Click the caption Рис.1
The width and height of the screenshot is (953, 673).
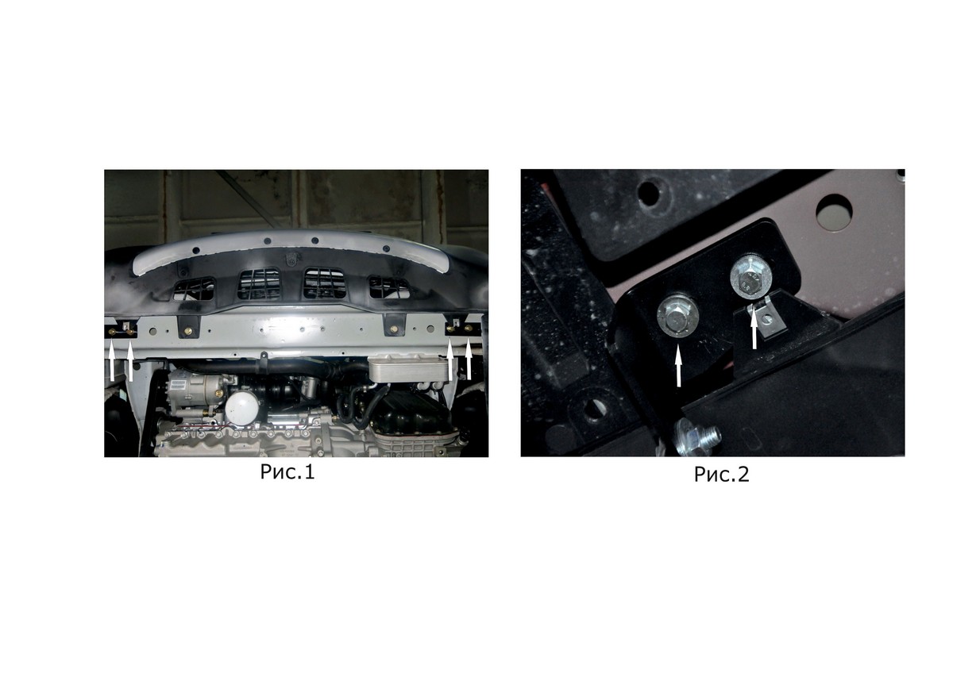click(x=287, y=472)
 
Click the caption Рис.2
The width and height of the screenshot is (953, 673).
click(x=721, y=475)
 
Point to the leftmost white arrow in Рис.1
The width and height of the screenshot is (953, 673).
click(x=112, y=362)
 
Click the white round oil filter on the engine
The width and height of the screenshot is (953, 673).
click(x=241, y=407)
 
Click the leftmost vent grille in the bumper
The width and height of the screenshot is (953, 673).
click(x=194, y=290)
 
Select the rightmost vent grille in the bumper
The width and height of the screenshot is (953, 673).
click(x=389, y=287)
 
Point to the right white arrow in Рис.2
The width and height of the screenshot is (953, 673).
click(x=754, y=329)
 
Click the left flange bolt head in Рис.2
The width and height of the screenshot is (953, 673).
click(x=677, y=315)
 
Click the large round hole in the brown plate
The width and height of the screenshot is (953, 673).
click(x=835, y=213)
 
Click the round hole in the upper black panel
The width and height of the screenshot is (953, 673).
click(x=649, y=193)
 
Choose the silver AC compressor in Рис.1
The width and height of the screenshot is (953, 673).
click(x=195, y=390)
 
